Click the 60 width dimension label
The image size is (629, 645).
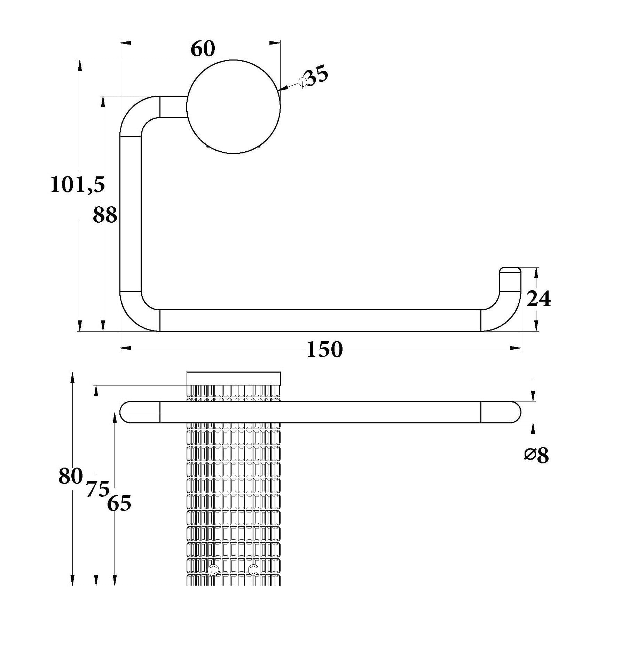tap(203, 49)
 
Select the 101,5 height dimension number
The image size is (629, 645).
tap(78, 184)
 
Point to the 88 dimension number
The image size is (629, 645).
tap(105, 215)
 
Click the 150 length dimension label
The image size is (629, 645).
tap(325, 349)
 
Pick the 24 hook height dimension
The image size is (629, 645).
tap(538, 298)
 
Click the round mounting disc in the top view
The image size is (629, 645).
tap(234, 106)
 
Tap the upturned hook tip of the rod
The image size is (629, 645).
tap(510, 278)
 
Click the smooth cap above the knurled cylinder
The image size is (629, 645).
tap(234, 378)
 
